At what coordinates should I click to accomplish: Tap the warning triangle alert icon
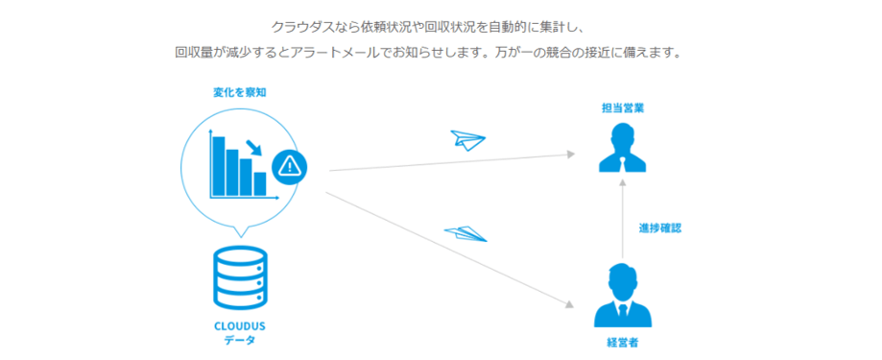tap(290, 167)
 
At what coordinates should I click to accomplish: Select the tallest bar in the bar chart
tap(219, 165)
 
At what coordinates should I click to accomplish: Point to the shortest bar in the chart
tap(260, 182)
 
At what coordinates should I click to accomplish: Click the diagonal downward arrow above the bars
tap(255, 147)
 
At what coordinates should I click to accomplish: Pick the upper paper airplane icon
tap(467, 140)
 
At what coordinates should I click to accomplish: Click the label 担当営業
tap(623, 108)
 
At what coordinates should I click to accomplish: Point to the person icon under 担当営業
tap(623, 150)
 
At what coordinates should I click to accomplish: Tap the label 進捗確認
tap(659, 228)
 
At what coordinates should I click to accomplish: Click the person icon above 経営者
tap(623, 297)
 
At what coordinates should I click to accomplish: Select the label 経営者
tap(623, 341)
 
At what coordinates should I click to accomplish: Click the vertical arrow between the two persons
tap(623, 221)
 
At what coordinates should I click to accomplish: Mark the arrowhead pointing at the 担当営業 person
tap(572, 154)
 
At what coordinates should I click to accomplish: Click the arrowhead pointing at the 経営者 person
tap(572, 305)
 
